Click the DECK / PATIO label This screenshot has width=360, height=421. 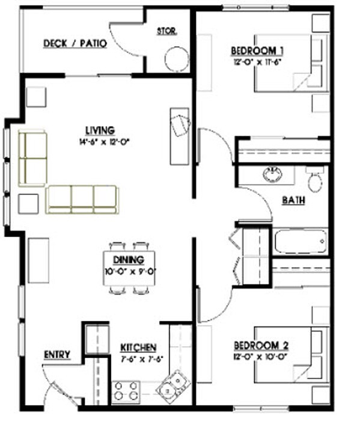pos(75,43)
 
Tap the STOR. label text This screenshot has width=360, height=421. pos(166,31)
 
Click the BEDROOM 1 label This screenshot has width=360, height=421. pos(257,51)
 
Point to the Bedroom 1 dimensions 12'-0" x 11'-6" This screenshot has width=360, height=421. pos(257,61)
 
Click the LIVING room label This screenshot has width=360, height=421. pos(100,131)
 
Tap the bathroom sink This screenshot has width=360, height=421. pos(272,175)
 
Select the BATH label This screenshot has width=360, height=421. pos(293,200)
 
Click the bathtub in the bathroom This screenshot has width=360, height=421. pos(301,241)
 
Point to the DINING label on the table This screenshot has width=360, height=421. pos(128,260)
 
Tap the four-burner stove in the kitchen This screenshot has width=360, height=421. pos(126,390)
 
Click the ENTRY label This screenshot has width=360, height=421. pos(57,355)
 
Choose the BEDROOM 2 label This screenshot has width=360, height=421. pos(261,345)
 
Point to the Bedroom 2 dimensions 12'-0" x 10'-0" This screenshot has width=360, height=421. pos(261,356)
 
